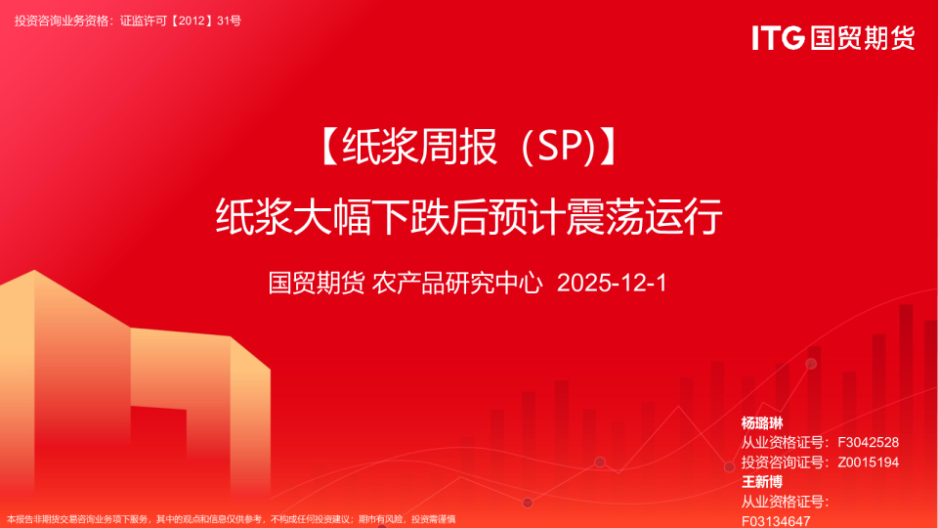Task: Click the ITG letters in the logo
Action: [x=777, y=38]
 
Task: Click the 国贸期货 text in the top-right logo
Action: [x=863, y=38]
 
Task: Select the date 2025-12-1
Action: [x=611, y=284]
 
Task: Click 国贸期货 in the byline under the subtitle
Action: [x=317, y=284]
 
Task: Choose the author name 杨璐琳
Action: [x=762, y=423]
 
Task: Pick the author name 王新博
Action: [x=762, y=482]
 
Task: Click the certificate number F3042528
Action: [x=869, y=443]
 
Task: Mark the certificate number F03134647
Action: [x=777, y=520]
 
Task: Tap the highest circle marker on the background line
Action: [x=811, y=364]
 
